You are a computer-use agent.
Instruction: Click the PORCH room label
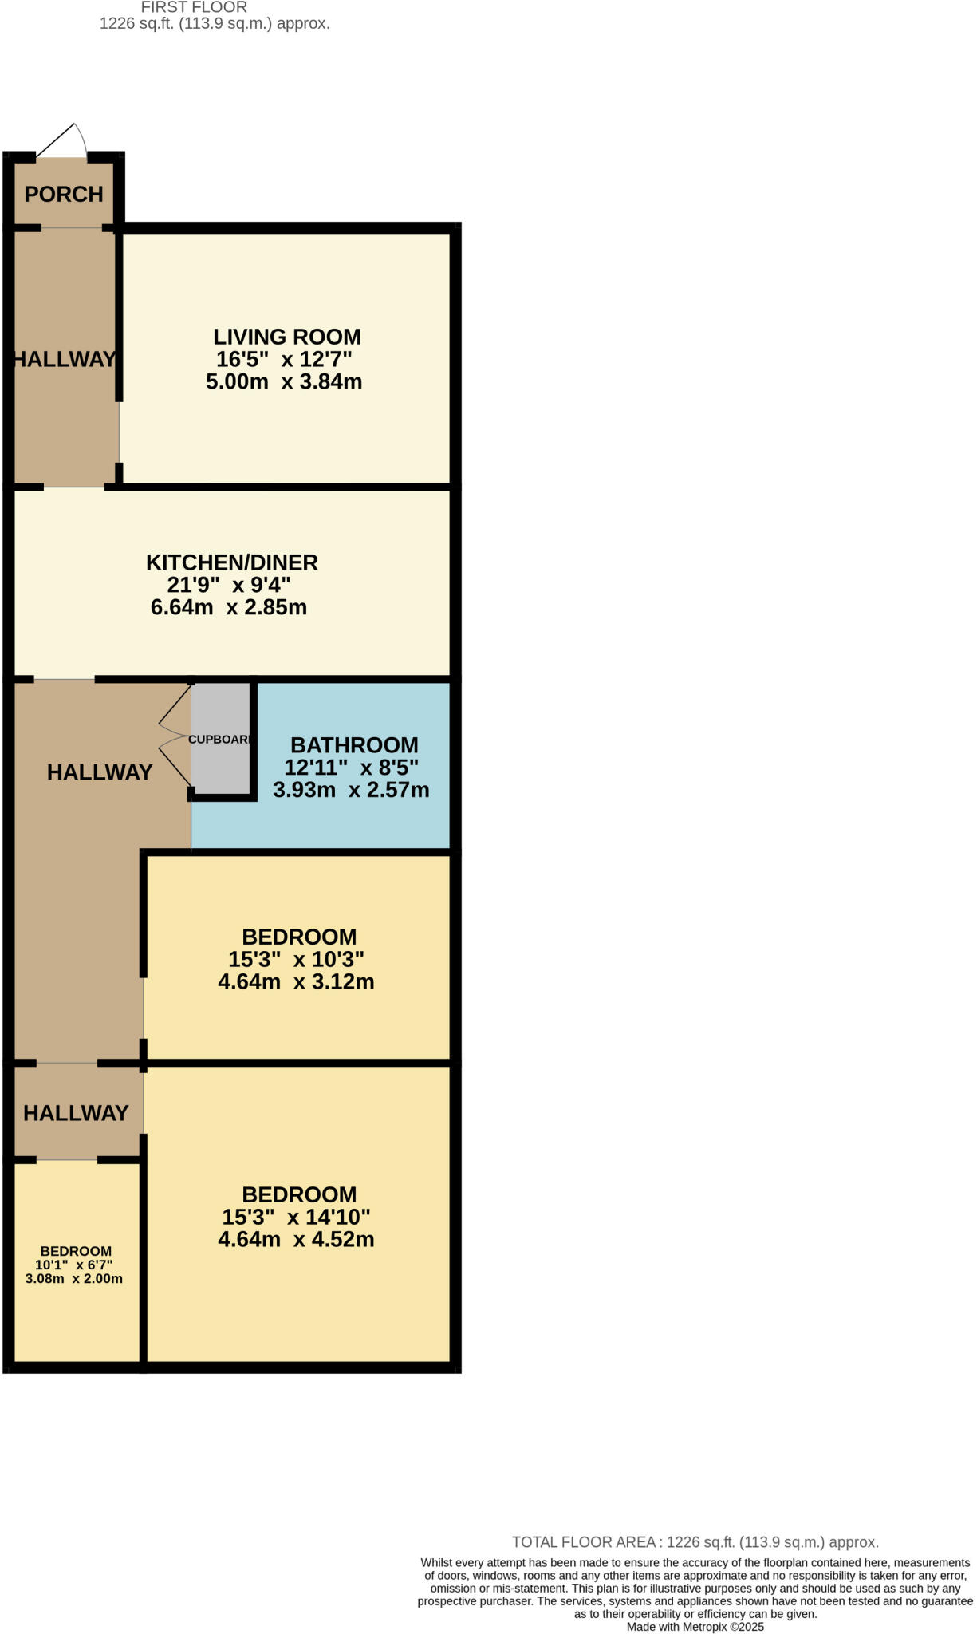[x=64, y=194]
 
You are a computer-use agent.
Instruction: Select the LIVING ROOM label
[x=287, y=337]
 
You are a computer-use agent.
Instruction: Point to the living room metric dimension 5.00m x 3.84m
[x=284, y=381]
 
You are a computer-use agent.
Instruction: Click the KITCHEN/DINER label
[x=232, y=562]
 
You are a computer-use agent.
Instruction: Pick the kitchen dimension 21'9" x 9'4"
[x=229, y=585]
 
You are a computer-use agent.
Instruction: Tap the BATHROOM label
[x=354, y=745]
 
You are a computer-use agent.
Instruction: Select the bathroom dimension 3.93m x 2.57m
[x=351, y=790]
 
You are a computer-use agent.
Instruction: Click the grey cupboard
[x=221, y=738]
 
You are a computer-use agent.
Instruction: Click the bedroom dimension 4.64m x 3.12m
[x=296, y=981]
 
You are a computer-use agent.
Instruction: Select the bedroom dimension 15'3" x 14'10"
[x=297, y=1217]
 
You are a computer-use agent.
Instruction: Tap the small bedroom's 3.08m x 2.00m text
[x=74, y=1278]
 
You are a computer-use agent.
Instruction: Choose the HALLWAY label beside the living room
[x=65, y=359]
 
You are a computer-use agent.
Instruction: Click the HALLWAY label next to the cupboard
[x=100, y=772]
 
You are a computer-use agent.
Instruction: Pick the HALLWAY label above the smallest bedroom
[x=76, y=1113]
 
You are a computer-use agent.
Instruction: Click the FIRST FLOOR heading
[x=194, y=7]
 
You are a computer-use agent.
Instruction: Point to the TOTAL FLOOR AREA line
[x=695, y=1542]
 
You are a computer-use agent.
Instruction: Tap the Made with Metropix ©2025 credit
[x=695, y=1627]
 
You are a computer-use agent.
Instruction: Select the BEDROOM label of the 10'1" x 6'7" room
[x=76, y=1251]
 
